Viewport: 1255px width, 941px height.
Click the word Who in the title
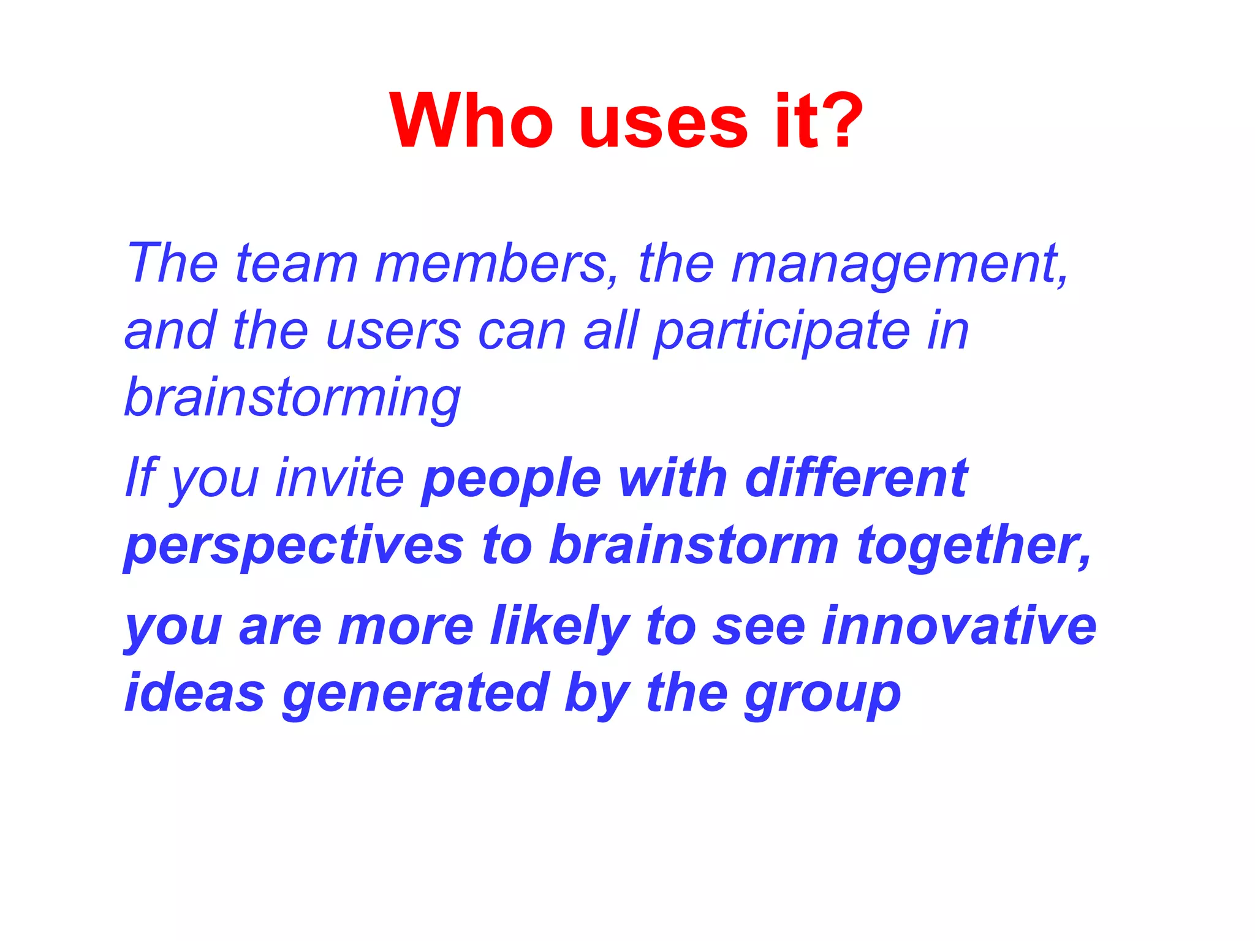coord(471,121)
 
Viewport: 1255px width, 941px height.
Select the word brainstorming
coord(292,399)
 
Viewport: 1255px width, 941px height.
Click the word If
coord(141,477)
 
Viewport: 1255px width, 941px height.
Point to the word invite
coord(339,477)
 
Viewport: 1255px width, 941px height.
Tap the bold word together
coord(973,546)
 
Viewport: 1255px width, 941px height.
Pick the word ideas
coord(194,693)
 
